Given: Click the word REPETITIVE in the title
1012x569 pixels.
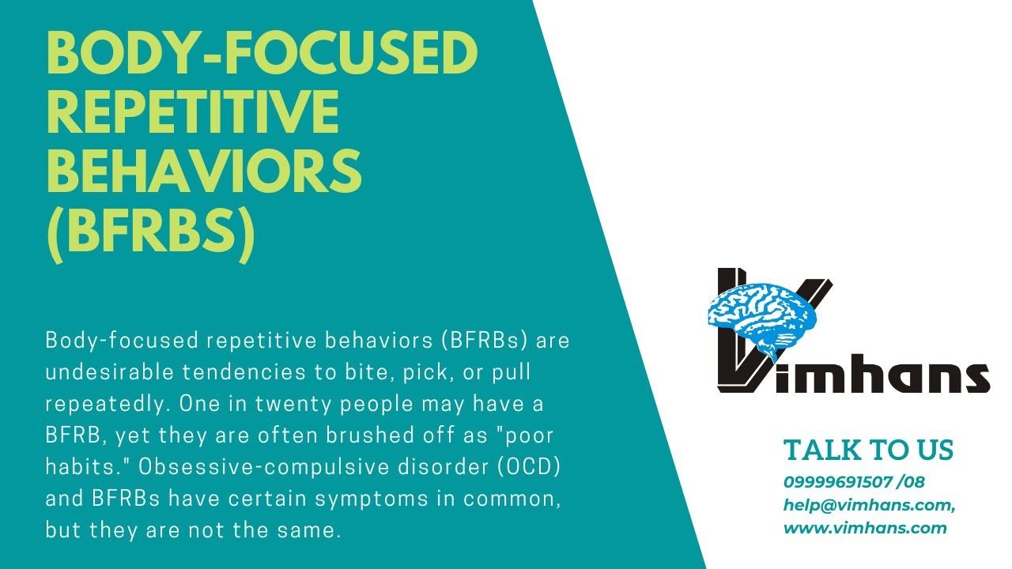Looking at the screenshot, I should point(193,112).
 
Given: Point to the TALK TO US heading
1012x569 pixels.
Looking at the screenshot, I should point(868,450).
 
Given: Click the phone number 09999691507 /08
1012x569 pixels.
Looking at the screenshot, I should point(853,481).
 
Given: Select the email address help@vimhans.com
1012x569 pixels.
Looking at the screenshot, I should point(869,504).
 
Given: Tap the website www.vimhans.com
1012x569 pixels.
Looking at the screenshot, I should point(865,528).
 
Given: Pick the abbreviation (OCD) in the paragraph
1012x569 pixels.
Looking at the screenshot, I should point(529,466).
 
